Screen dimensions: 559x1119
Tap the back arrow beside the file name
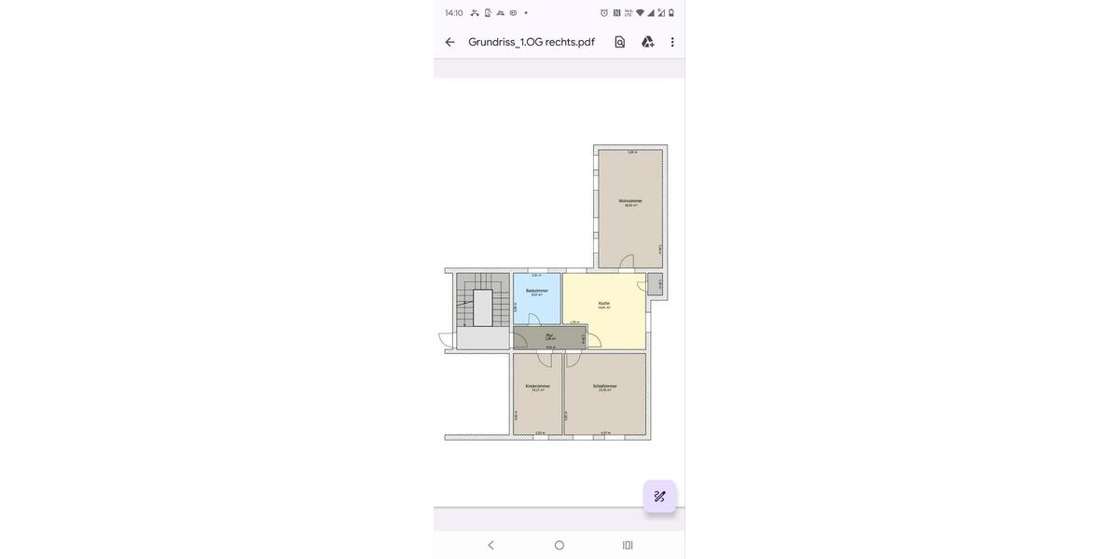(x=450, y=42)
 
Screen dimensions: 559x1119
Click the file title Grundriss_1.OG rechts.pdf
(x=532, y=42)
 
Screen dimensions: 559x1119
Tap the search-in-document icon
(x=620, y=42)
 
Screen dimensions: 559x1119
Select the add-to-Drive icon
(x=648, y=42)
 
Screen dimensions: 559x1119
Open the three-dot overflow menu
(x=672, y=42)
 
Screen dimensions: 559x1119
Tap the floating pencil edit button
(x=659, y=497)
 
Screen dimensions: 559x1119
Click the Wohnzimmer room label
(x=630, y=201)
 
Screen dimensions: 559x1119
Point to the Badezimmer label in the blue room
(x=537, y=291)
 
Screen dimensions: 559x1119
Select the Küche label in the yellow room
(x=604, y=304)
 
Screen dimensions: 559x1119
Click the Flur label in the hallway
(x=550, y=335)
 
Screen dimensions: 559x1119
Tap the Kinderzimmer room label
(x=538, y=387)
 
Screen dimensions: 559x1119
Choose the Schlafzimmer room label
(x=605, y=387)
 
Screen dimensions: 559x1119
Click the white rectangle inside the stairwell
(x=483, y=307)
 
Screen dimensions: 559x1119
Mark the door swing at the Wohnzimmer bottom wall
(x=627, y=262)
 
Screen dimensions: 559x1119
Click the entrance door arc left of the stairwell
(x=446, y=340)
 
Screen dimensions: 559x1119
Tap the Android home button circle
(x=559, y=545)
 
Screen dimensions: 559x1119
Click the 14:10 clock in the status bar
(x=454, y=13)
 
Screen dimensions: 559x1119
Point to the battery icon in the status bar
(x=671, y=13)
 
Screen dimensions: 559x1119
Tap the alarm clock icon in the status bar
(x=604, y=13)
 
